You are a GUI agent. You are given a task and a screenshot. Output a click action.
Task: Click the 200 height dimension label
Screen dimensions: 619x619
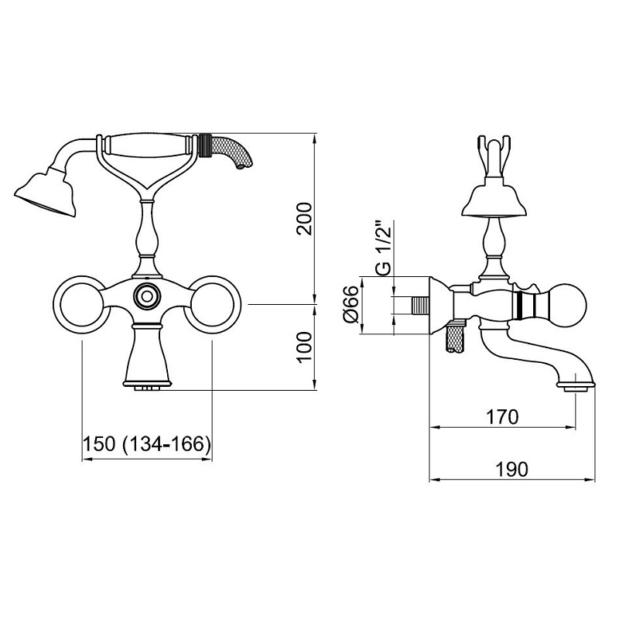304,218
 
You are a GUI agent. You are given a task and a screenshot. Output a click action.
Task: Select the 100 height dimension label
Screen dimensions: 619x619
304,347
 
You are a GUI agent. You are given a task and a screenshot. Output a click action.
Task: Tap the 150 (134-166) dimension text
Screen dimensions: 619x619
146,444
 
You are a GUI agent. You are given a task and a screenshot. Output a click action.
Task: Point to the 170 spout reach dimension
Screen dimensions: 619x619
502,417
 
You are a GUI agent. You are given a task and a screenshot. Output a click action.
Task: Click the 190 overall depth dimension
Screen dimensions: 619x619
511,470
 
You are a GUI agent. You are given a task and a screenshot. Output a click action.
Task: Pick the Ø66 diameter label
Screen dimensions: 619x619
351,304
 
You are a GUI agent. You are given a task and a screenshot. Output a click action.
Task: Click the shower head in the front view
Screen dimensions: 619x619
46,193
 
